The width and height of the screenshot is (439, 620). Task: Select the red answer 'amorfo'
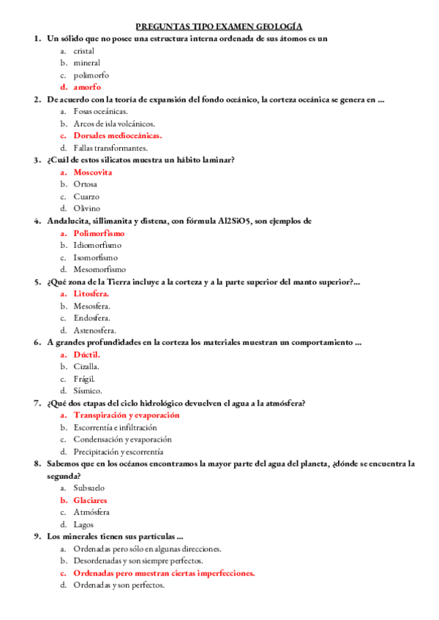click(87, 87)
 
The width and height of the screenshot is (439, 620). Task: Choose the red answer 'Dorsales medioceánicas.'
click(117, 135)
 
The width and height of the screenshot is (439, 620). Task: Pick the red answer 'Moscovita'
click(93, 172)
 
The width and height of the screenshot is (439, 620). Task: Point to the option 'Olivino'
click(87, 208)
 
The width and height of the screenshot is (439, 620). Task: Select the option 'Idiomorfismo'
click(97, 245)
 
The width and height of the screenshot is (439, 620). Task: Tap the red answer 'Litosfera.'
click(91, 293)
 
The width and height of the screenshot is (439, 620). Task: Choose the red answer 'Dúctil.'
click(86, 354)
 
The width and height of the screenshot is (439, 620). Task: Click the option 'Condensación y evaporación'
click(122, 439)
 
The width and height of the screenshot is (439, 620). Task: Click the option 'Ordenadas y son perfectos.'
click(119, 585)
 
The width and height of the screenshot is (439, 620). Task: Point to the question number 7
click(37, 403)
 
